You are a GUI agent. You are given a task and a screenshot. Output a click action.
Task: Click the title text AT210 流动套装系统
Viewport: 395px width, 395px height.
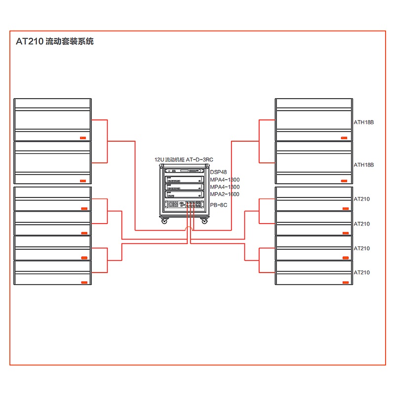click(x=54, y=41)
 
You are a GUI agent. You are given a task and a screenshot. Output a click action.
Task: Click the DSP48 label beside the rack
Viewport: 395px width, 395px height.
click(x=218, y=172)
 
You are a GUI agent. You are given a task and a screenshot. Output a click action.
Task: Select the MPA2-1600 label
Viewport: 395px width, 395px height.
click(x=224, y=194)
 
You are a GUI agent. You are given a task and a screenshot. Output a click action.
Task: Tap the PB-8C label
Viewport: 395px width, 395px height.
click(x=218, y=204)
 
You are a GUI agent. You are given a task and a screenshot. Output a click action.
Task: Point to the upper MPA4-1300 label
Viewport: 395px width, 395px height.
click(x=224, y=180)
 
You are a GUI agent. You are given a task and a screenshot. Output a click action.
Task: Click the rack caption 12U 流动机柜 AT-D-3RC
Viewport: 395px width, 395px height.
click(x=183, y=160)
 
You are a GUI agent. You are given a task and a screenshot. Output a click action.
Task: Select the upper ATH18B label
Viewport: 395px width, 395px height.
click(x=363, y=122)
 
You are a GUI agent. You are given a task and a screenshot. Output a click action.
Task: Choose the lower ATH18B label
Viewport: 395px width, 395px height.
click(x=363, y=164)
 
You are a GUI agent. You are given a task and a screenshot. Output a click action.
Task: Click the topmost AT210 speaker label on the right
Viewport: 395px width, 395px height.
click(x=361, y=199)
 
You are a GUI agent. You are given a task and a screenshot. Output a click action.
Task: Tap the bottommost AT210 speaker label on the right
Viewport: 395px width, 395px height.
click(x=361, y=273)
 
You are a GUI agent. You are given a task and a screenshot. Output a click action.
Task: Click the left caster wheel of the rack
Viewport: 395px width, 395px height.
click(x=164, y=221)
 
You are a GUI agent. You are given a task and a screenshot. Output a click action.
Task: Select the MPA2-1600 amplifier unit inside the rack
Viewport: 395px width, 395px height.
click(x=184, y=194)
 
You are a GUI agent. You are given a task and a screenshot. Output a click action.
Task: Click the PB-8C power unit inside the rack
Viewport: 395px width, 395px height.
click(x=184, y=204)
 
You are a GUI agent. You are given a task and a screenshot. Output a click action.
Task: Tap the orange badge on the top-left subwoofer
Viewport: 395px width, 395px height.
click(x=82, y=138)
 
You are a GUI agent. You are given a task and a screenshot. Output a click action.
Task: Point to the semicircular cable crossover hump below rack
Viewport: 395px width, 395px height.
click(x=188, y=229)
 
